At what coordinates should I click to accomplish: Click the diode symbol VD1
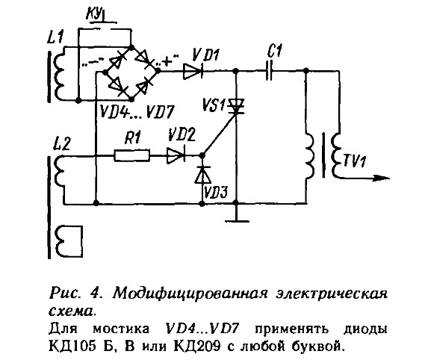point(193,71)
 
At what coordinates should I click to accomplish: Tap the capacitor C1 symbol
point(270,71)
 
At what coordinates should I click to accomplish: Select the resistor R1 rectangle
point(131,155)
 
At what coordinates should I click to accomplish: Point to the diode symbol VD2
point(176,155)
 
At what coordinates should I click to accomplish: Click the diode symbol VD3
point(203,174)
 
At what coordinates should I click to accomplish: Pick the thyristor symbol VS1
point(236,106)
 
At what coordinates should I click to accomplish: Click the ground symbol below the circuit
point(237,216)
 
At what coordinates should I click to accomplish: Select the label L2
point(62,143)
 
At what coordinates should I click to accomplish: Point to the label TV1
point(355,161)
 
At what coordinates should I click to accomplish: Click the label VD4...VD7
point(137,111)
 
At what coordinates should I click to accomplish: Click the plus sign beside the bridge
point(167,61)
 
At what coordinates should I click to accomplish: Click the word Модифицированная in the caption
point(190,294)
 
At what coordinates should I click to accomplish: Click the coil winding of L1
point(59,74)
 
